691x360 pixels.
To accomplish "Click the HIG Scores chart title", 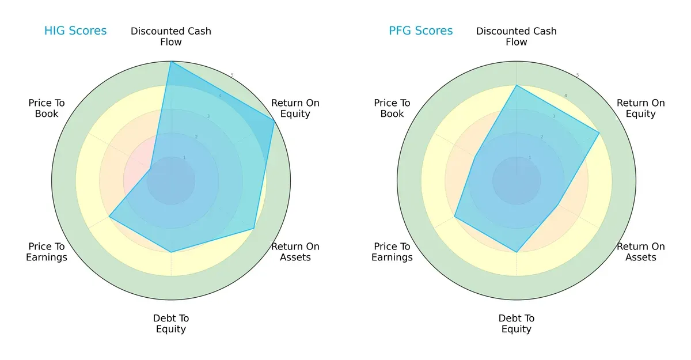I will (75, 31).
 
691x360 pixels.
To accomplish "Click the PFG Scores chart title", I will (421, 31).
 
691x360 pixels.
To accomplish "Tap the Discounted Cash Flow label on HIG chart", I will (171, 36).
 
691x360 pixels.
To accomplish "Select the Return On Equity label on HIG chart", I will (295, 108).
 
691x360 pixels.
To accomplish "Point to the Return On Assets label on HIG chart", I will (295, 252).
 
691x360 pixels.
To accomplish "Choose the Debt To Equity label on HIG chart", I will (171, 324).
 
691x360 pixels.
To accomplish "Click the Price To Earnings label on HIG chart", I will (47, 252).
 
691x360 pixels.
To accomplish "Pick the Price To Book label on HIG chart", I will (47, 108).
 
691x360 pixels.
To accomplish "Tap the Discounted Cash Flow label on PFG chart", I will (517, 36).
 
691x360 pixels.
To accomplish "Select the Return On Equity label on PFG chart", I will (641, 108).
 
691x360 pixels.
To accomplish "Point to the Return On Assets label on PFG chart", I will (641, 252).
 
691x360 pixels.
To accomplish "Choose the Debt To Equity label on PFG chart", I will (517, 324).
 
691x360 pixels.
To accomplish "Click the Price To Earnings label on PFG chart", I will (392, 252).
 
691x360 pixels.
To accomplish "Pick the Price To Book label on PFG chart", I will (392, 108).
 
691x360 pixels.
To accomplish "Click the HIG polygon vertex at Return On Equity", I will (274, 120).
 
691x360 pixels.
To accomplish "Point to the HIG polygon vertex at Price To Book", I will (151, 168).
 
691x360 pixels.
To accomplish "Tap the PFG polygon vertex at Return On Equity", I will (599, 133).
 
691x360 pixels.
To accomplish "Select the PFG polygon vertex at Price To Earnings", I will (455, 217).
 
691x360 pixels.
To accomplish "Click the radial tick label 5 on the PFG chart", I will (578, 75).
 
